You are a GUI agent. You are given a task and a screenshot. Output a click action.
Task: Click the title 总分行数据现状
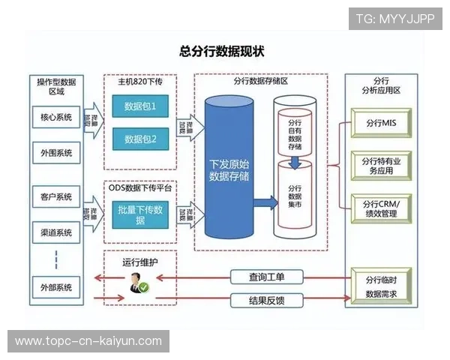(222, 52)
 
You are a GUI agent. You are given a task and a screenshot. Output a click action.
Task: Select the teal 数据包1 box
(140, 106)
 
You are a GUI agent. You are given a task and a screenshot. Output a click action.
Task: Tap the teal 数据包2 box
(140, 139)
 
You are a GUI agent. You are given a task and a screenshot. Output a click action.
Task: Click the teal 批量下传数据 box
(140, 214)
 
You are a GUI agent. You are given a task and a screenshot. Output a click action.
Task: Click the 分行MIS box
(380, 122)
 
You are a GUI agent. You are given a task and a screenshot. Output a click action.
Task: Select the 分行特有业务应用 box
(380, 165)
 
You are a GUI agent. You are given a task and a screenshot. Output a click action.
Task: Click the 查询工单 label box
(266, 277)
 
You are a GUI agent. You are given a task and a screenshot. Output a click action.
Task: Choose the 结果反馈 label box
(266, 301)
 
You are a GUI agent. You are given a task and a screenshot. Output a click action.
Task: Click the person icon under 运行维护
(139, 283)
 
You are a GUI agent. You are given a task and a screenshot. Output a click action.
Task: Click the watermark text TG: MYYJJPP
(394, 19)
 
